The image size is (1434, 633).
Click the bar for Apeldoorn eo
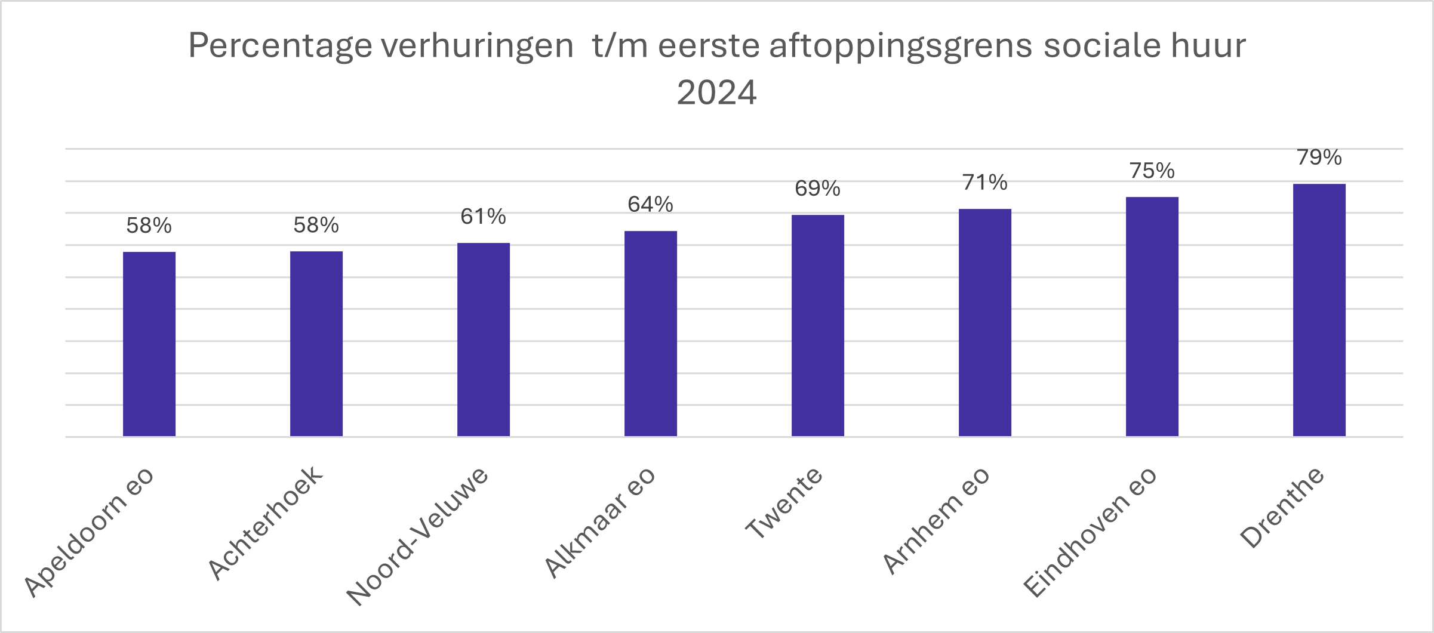tap(149, 344)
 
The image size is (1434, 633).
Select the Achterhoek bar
tap(316, 344)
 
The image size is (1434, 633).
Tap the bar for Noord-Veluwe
tap(484, 340)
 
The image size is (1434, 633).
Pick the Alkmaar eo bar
tap(651, 334)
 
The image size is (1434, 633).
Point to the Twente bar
tap(818, 326)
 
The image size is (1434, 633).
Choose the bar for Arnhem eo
tap(985, 323)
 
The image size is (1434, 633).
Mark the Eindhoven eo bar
tap(1152, 317)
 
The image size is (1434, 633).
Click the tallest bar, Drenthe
tap(1319, 310)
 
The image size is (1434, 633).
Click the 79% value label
tap(1319, 158)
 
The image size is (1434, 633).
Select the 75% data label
tap(1152, 171)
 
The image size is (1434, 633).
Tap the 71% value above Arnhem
tap(985, 183)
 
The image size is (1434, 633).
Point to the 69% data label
tap(818, 189)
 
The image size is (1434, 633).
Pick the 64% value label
tap(651, 205)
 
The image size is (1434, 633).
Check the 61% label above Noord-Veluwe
tap(484, 217)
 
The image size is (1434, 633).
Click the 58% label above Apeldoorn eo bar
tap(149, 226)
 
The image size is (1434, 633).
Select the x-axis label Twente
tap(784, 505)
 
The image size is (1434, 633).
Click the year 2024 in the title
tap(716, 93)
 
